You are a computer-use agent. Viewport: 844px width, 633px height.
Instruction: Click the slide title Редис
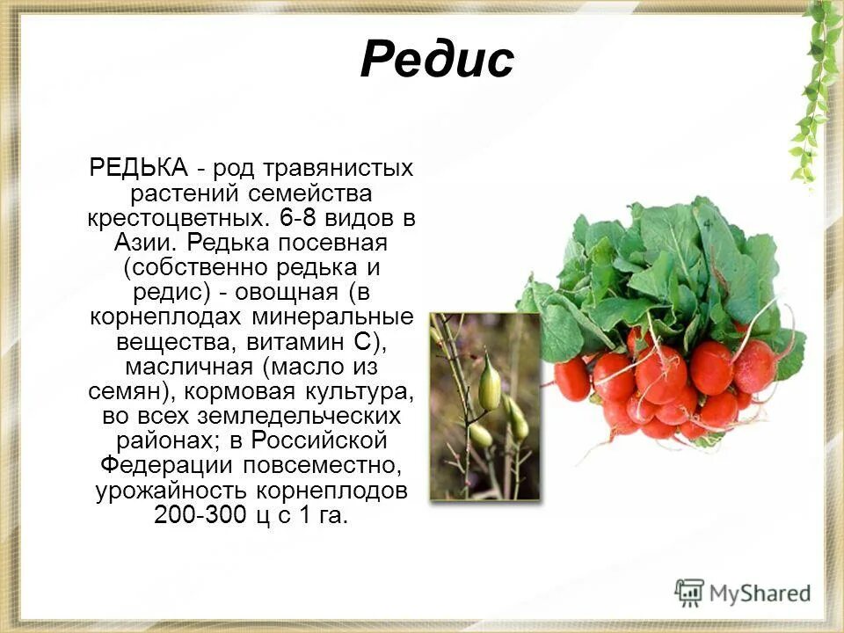click(x=437, y=61)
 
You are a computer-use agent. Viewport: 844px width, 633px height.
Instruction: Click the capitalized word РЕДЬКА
click(x=139, y=167)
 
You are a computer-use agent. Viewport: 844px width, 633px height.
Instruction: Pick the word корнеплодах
click(x=166, y=315)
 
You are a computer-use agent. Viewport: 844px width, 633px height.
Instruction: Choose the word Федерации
click(x=167, y=462)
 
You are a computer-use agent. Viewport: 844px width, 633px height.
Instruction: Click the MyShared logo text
click(x=760, y=593)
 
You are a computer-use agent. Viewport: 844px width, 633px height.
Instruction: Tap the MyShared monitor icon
click(x=690, y=593)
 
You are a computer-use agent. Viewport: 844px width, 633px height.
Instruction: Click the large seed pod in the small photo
click(x=489, y=384)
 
